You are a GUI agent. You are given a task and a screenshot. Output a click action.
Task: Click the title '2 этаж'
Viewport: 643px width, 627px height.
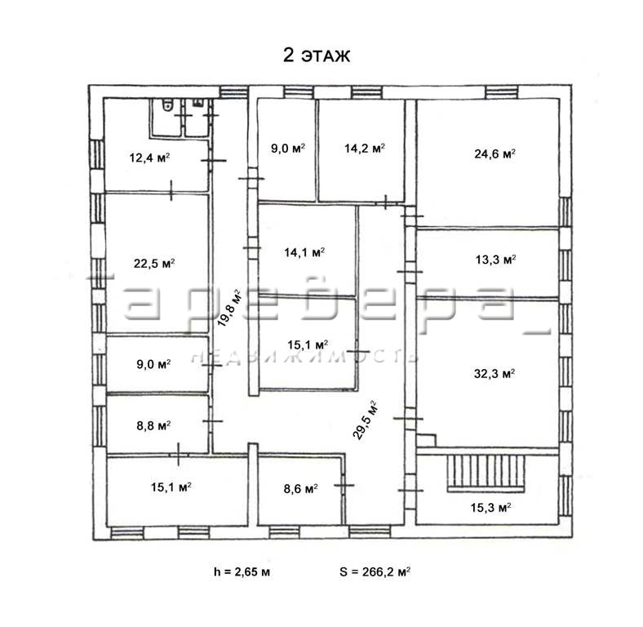pyautogui.click(x=317, y=55)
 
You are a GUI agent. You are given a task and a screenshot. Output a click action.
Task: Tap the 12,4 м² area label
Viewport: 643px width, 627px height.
pyautogui.click(x=149, y=158)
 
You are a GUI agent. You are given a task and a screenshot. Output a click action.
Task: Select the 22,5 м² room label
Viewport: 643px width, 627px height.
pyautogui.click(x=154, y=263)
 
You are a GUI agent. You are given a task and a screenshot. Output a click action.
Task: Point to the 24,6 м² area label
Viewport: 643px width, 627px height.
pyautogui.click(x=495, y=153)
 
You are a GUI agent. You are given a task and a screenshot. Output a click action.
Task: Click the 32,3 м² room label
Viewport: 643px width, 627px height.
pyautogui.click(x=494, y=374)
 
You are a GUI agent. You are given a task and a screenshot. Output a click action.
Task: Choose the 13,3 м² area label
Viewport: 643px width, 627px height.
pyautogui.click(x=496, y=260)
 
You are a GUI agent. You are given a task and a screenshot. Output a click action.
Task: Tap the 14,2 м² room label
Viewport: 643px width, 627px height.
pyautogui.click(x=365, y=148)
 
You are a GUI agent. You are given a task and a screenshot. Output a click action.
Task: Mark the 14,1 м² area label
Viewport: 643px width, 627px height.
pyautogui.click(x=304, y=252)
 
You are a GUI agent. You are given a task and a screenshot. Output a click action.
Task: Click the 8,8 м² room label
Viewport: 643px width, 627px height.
pyautogui.click(x=153, y=425)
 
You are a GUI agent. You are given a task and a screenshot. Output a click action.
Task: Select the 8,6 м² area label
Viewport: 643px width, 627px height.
pyautogui.click(x=300, y=489)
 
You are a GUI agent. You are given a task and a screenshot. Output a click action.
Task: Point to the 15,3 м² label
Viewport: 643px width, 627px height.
pyautogui.click(x=490, y=508)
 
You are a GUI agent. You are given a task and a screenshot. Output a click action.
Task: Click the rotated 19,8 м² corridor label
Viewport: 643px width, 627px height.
pyautogui.click(x=228, y=308)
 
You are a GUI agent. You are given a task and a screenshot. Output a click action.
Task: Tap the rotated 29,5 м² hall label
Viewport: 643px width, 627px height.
pyautogui.click(x=365, y=420)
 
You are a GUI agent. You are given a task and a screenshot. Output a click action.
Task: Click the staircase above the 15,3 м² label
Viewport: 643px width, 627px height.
pyautogui.click(x=486, y=473)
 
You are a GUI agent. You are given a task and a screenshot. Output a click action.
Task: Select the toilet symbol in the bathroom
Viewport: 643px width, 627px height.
pyautogui.click(x=167, y=105)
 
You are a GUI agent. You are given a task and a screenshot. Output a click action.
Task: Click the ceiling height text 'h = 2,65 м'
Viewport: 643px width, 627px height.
pyautogui.click(x=242, y=571)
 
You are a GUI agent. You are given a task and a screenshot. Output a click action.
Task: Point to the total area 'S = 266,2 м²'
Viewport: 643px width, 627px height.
pyautogui.click(x=375, y=571)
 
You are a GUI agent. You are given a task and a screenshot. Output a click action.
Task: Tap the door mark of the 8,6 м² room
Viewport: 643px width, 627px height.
pyautogui.click(x=344, y=485)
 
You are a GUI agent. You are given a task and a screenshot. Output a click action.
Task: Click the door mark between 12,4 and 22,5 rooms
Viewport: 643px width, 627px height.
pyautogui.click(x=171, y=190)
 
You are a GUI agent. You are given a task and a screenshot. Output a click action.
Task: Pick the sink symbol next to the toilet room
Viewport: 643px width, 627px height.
pyautogui.click(x=197, y=103)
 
